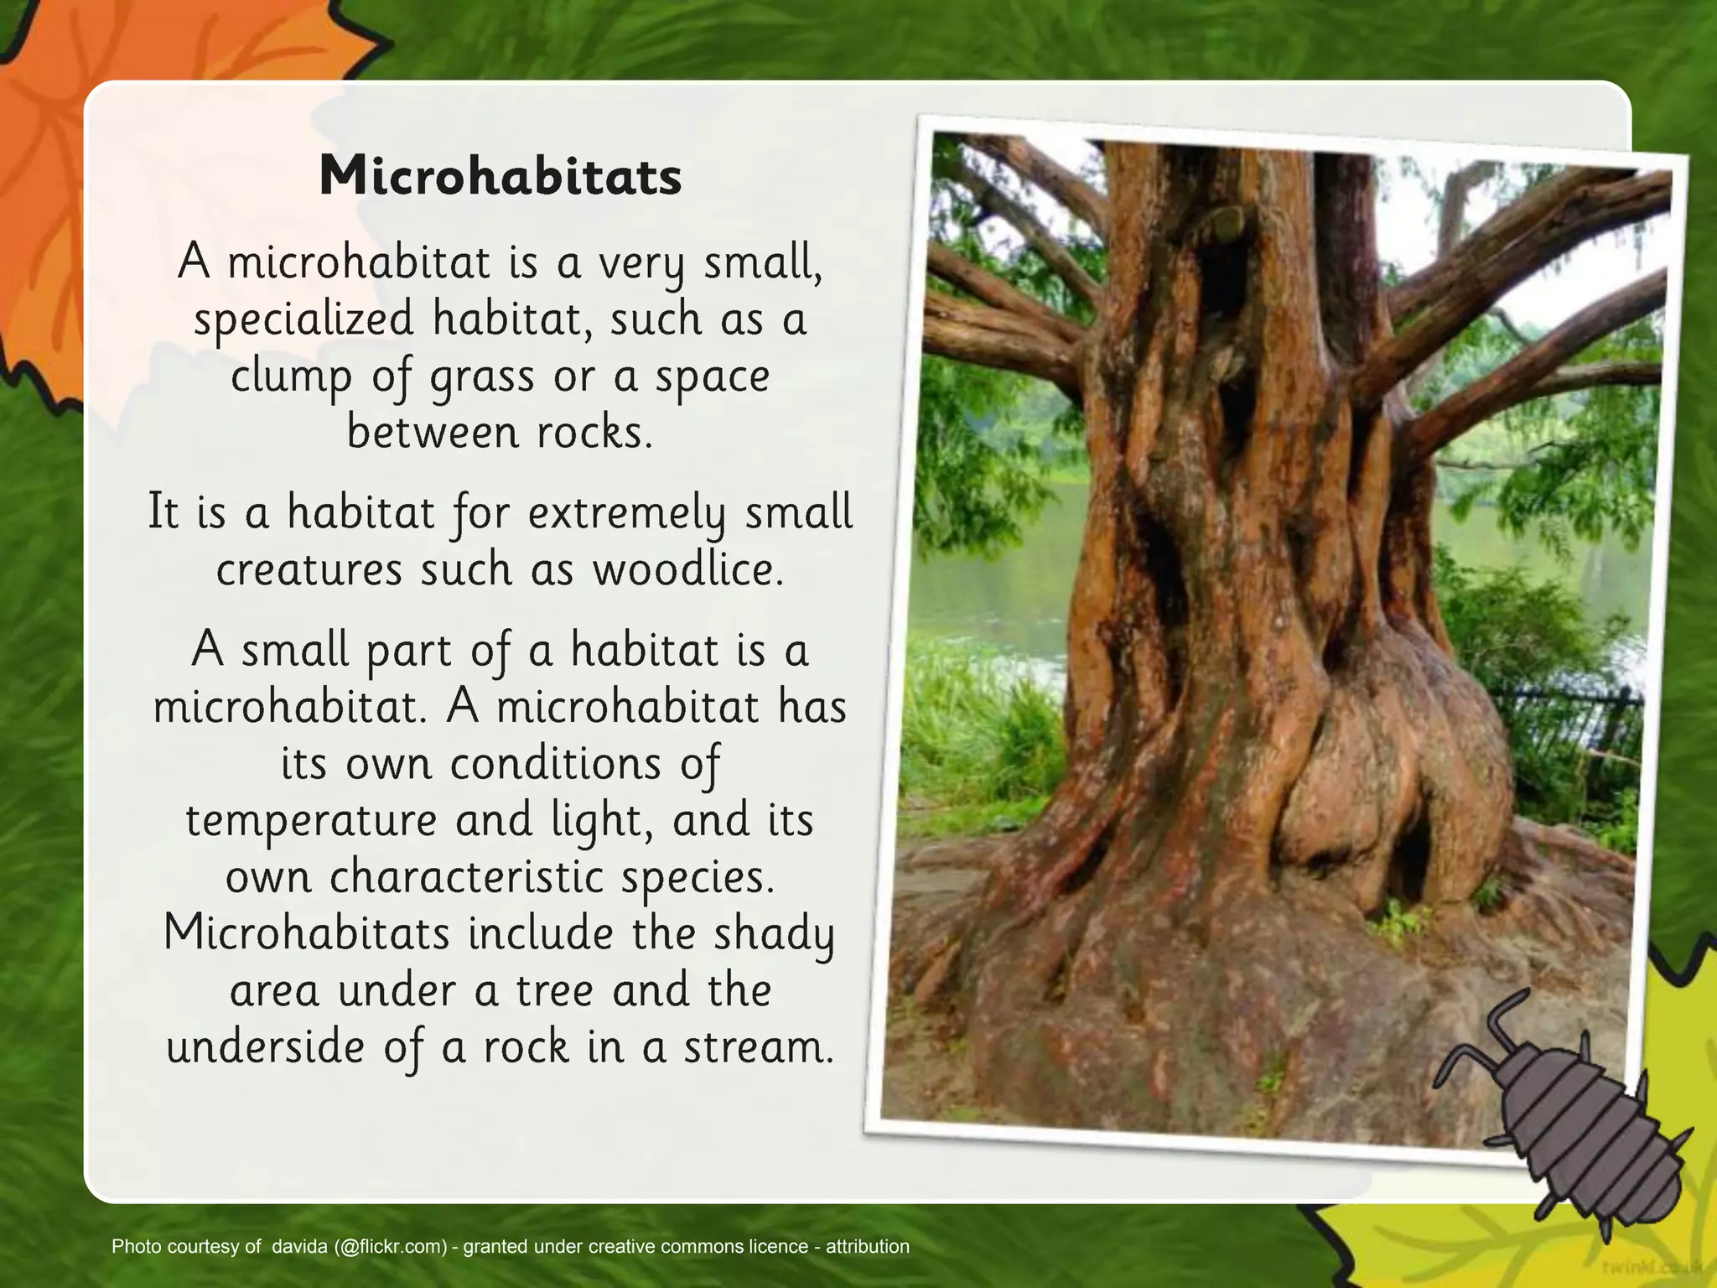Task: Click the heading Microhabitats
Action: coord(501,177)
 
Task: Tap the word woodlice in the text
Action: coord(687,570)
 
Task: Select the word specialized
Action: coord(303,320)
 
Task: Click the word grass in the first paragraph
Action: coord(482,377)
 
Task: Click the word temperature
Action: coord(311,820)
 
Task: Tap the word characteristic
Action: coord(466,877)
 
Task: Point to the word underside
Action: coord(265,1048)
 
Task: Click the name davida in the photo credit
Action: coord(299,1246)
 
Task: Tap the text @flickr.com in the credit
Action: coord(390,1246)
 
